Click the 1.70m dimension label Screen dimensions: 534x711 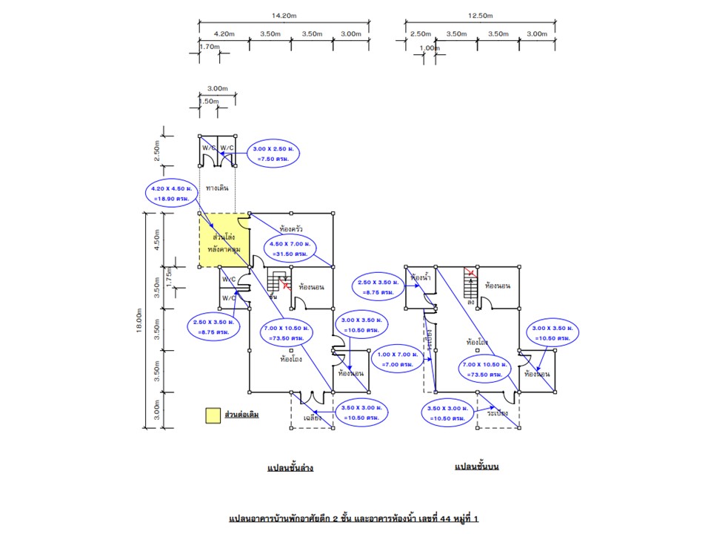[210, 47]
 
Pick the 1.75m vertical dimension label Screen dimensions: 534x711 [169, 277]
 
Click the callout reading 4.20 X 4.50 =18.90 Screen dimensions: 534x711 [170, 194]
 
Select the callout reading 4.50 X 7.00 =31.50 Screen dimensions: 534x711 [291, 248]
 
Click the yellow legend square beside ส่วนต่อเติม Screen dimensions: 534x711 [213, 415]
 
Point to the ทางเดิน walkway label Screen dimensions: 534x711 [218, 188]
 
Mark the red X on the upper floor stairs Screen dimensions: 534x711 [470, 274]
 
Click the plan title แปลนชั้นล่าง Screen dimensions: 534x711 [290, 468]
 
